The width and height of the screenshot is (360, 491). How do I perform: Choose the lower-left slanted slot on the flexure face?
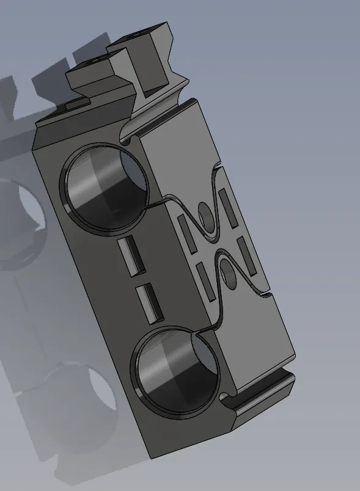[206, 282]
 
